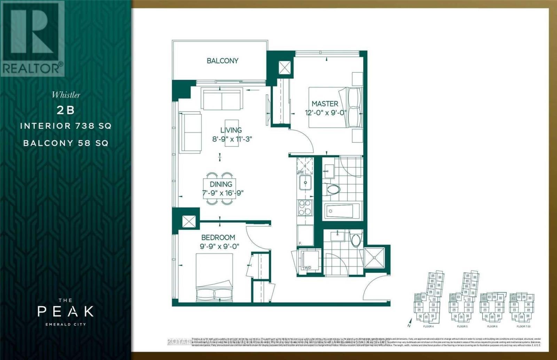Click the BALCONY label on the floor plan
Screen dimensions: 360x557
[222, 61]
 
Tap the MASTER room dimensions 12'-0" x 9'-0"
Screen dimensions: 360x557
[325, 113]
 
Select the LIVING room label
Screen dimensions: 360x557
[231, 130]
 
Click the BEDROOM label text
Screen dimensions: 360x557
[218, 238]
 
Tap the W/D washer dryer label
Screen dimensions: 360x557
[307, 268]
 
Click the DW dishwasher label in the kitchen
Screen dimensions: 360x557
[301, 172]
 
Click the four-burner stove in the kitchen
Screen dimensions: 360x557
[305, 207]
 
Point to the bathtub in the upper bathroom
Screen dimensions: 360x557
[343, 211]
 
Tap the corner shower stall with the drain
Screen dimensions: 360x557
[374, 258]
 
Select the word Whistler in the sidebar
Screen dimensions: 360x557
[66, 95]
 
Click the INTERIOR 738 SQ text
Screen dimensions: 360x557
[66, 126]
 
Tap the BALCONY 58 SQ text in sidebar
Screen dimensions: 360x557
[66, 143]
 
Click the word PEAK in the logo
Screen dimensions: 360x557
[66, 311]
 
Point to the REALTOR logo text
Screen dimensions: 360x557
[32, 68]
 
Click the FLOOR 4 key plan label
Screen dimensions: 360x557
[428, 327]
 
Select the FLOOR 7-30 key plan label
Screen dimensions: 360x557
[523, 327]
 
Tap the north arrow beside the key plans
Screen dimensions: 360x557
[410, 322]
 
